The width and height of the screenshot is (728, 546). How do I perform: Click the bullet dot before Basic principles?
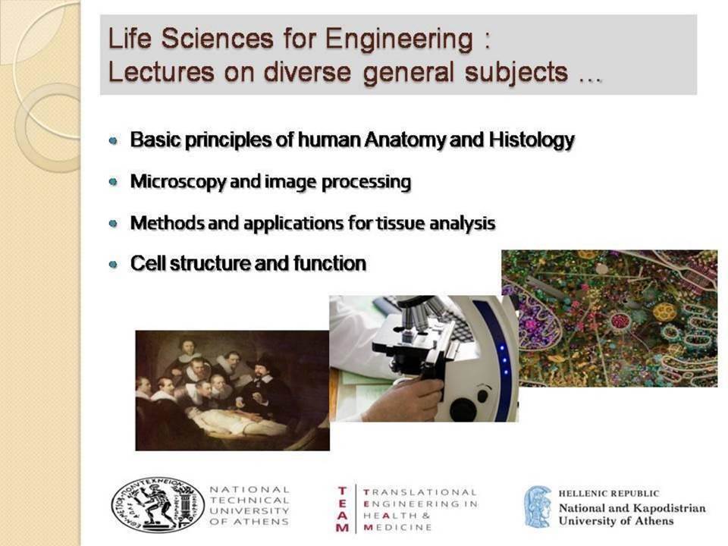tap(113, 140)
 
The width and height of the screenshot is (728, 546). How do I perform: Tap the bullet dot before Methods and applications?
tap(113, 224)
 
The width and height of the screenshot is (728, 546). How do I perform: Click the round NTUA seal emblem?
tap(158, 505)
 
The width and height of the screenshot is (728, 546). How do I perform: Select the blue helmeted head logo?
tap(538, 507)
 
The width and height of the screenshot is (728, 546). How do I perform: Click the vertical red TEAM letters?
tap(343, 509)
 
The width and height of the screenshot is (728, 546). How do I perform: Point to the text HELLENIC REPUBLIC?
tap(609, 494)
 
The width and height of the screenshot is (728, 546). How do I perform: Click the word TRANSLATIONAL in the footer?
tap(420, 492)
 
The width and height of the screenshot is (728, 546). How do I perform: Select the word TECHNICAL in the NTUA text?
tap(249, 500)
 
